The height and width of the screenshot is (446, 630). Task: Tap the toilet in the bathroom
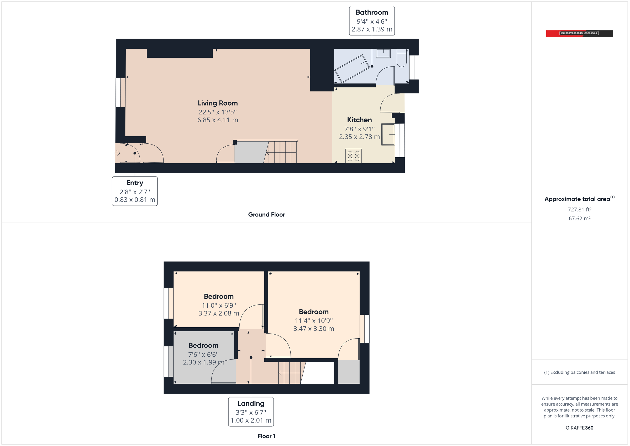[401, 58]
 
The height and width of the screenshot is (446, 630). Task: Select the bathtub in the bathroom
[352, 69]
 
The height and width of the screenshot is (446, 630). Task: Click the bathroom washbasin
[383, 53]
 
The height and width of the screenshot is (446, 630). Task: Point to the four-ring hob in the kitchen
[353, 156]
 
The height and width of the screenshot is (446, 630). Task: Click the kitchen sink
[388, 134]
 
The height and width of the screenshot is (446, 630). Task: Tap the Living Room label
[218, 103]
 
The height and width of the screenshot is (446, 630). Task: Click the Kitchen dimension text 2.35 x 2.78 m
[359, 137]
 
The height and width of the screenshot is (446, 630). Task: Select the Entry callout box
[135, 191]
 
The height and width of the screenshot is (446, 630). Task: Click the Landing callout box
[251, 411]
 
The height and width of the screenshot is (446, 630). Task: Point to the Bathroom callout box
[371, 21]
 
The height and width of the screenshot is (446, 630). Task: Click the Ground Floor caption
[266, 215]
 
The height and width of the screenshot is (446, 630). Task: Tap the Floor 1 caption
[266, 436]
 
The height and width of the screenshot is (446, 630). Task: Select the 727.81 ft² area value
[579, 210]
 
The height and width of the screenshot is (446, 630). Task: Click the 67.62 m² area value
[579, 219]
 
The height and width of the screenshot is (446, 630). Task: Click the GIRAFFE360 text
[579, 428]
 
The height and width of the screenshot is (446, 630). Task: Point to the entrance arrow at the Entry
[117, 153]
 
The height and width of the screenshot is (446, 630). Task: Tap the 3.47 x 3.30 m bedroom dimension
[313, 329]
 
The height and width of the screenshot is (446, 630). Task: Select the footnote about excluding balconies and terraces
[579, 372]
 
